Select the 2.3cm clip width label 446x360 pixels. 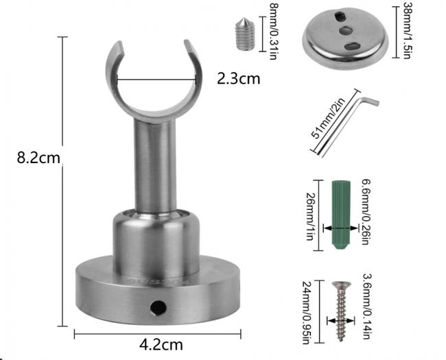pyautogui.click(x=239, y=78)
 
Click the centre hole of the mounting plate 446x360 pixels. pyautogui.click(x=344, y=30)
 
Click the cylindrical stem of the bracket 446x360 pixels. pyautogui.click(x=152, y=165)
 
